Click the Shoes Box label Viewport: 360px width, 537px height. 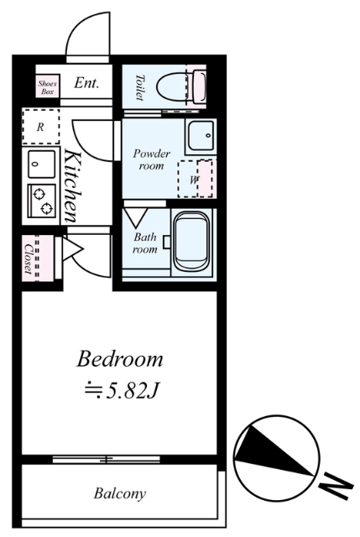coord(47,87)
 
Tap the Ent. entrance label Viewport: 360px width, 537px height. coord(86,83)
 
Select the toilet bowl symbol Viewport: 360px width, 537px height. coord(181,86)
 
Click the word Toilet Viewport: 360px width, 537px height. coord(139,87)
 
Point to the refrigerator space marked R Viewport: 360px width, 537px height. coord(40,127)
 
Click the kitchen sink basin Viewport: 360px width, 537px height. coord(41,164)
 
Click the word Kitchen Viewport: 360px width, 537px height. coord(73,185)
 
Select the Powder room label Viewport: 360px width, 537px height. coord(151,159)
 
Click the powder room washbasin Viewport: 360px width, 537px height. coord(201,136)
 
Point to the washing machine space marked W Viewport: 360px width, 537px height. coord(196,179)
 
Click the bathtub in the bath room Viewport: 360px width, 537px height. coord(191,242)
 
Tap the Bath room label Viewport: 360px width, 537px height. coord(145,243)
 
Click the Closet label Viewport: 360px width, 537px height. coord(28,259)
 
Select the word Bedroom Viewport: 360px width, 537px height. coord(119,359)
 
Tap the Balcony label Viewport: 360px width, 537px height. coord(120,493)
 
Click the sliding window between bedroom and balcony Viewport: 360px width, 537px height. coord(107,459)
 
